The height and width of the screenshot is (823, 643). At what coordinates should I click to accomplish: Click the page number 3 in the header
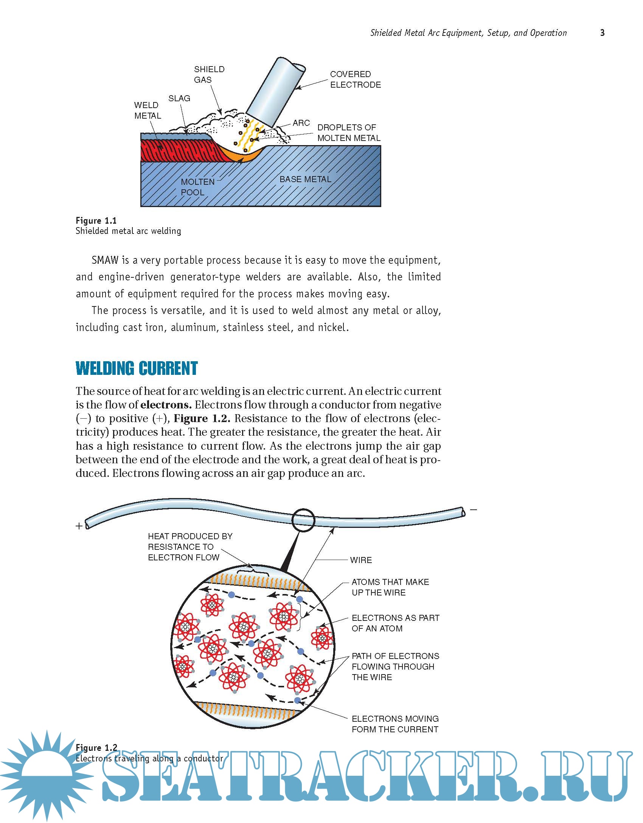pyautogui.click(x=602, y=33)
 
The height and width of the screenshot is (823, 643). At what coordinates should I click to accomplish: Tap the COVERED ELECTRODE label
pyautogui.click(x=355, y=79)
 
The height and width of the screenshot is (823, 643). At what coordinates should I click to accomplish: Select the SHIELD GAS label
pyautogui.click(x=209, y=74)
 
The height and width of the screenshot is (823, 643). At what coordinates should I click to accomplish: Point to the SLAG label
pyautogui.click(x=179, y=98)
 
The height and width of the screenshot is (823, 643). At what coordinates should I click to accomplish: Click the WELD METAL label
pyautogui.click(x=148, y=110)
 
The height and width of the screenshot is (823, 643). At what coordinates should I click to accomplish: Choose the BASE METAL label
pyautogui.click(x=305, y=179)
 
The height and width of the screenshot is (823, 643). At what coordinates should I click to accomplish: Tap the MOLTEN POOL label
pyautogui.click(x=197, y=187)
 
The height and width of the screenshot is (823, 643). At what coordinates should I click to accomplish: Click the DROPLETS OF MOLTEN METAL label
pyautogui.click(x=348, y=133)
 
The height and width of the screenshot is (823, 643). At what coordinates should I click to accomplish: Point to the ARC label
pyautogui.click(x=301, y=123)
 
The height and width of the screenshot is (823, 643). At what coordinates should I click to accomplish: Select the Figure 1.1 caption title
pyautogui.click(x=96, y=221)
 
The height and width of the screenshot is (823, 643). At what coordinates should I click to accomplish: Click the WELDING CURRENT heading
pyautogui.click(x=137, y=368)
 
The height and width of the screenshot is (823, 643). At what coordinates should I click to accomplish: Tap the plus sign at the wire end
pyautogui.click(x=79, y=526)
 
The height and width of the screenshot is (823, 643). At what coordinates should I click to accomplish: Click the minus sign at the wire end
pyautogui.click(x=474, y=510)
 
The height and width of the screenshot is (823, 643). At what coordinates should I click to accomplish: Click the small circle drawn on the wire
pyautogui.click(x=303, y=520)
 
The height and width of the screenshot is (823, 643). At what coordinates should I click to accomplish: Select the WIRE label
pyautogui.click(x=361, y=560)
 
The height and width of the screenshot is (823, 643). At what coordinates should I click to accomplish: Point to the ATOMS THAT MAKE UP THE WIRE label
pyautogui.click(x=390, y=587)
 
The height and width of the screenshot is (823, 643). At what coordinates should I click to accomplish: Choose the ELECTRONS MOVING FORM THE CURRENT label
pyautogui.click(x=395, y=724)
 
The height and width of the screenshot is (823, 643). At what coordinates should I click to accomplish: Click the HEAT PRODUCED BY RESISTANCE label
pyautogui.click(x=190, y=547)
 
